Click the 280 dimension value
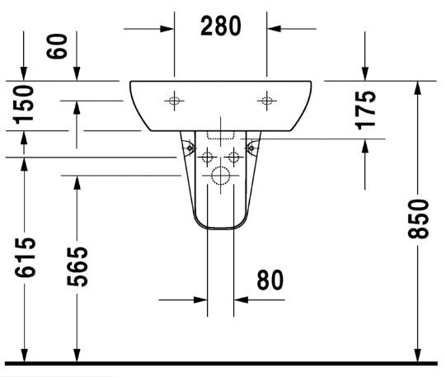click(x=220, y=26)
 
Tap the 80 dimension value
click(x=269, y=280)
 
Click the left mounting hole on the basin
click(x=174, y=101)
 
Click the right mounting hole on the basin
click(x=266, y=101)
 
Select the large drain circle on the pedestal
click(x=220, y=175)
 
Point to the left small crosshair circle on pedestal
click(x=207, y=157)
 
